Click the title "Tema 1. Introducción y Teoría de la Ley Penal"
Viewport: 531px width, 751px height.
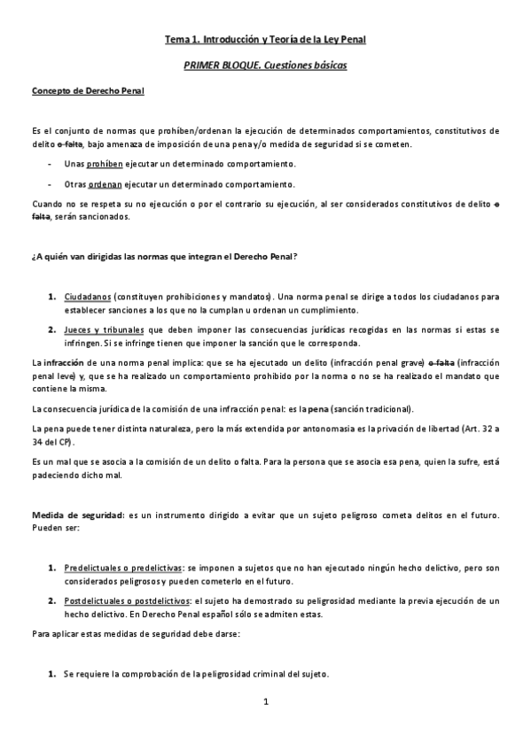(x=265, y=39)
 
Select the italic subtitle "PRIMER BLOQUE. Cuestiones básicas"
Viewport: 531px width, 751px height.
(x=265, y=66)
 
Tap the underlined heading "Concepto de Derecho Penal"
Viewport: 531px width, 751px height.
(x=89, y=90)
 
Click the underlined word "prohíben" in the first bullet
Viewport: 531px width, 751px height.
(x=108, y=165)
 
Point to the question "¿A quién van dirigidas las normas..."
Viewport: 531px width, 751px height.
(x=164, y=257)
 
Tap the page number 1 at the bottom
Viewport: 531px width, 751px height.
(x=265, y=702)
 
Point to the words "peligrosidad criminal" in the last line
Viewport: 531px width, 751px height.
(x=237, y=674)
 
